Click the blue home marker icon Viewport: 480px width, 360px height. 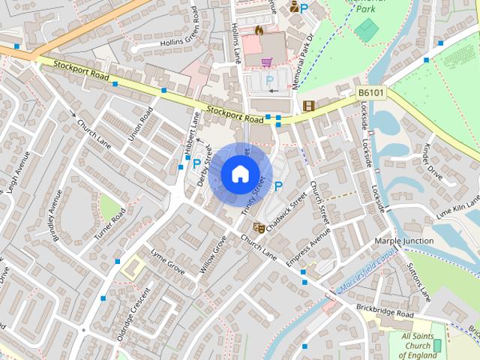tap(239, 174)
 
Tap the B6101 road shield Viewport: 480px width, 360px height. tap(370, 93)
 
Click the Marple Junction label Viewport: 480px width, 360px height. tap(403, 241)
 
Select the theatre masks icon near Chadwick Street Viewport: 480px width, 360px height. tap(259, 227)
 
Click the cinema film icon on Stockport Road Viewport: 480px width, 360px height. tap(308, 106)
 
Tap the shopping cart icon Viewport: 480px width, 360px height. tap(265, 62)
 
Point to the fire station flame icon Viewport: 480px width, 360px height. tap(259, 31)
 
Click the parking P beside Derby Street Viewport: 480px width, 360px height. tap(197, 163)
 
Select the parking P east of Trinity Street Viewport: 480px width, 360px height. tap(278, 186)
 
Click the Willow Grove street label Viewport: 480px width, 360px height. tap(213, 253)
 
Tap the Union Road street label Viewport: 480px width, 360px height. tap(140, 124)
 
